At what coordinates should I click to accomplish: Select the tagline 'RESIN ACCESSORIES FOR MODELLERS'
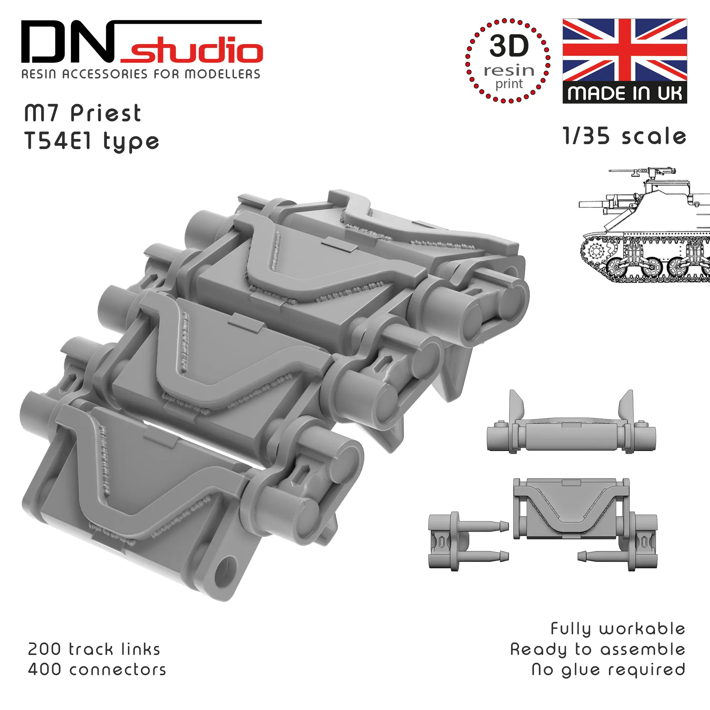pos(141,74)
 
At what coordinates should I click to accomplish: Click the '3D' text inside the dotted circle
pos(509,45)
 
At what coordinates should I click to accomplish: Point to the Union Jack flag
pos(625,50)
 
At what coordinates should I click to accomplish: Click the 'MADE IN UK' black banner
pos(625,93)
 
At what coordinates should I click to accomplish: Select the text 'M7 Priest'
pos(83,113)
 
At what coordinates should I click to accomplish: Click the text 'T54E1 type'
pos(92,142)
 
